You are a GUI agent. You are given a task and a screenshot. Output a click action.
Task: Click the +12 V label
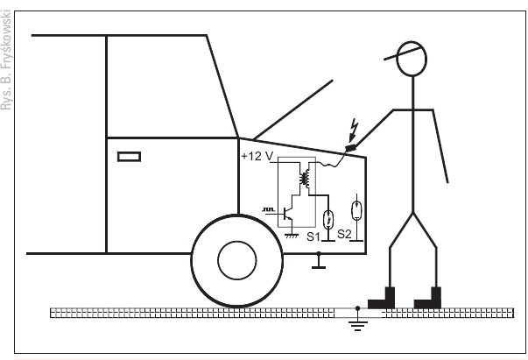(257, 156)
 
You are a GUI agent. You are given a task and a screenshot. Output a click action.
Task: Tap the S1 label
(313, 236)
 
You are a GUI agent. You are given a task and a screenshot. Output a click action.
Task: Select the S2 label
(344, 234)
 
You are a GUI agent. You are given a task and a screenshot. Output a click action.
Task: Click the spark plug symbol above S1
(328, 219)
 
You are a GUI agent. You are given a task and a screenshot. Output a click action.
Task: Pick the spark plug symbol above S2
(356, 210)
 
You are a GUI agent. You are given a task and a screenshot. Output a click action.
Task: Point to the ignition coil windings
(305, 179)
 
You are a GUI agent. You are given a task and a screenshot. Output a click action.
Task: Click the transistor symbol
(287, 213)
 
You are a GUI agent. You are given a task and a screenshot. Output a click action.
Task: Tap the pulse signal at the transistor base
(268, 210)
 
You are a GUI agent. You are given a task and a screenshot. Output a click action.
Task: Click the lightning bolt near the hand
(353, 131)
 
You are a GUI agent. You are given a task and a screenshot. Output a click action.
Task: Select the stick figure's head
(412, 59)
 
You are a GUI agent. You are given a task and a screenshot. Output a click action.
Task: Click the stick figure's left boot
(381, 298)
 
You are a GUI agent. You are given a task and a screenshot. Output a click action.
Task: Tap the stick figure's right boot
(427, 298)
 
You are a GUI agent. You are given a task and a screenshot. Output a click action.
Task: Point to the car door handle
(129, 157)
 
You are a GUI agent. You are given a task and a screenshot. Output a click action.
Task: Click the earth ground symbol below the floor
(357, 322)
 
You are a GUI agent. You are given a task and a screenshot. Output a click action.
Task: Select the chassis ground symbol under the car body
(319, 260)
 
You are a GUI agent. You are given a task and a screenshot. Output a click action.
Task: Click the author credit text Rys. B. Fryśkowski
(6, 60)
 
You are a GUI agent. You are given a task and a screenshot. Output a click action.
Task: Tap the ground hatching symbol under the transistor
(292, 236)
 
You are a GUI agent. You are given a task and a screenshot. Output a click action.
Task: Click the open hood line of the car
(293, 109)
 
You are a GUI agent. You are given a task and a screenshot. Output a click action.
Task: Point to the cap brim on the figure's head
(403, 54)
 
